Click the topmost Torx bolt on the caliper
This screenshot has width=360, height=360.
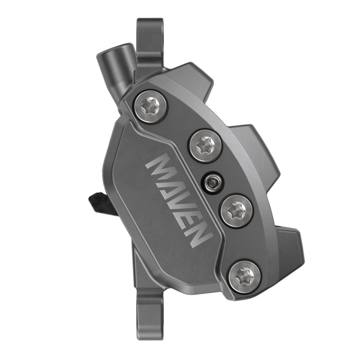148,106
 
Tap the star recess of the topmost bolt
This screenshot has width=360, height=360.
148,106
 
